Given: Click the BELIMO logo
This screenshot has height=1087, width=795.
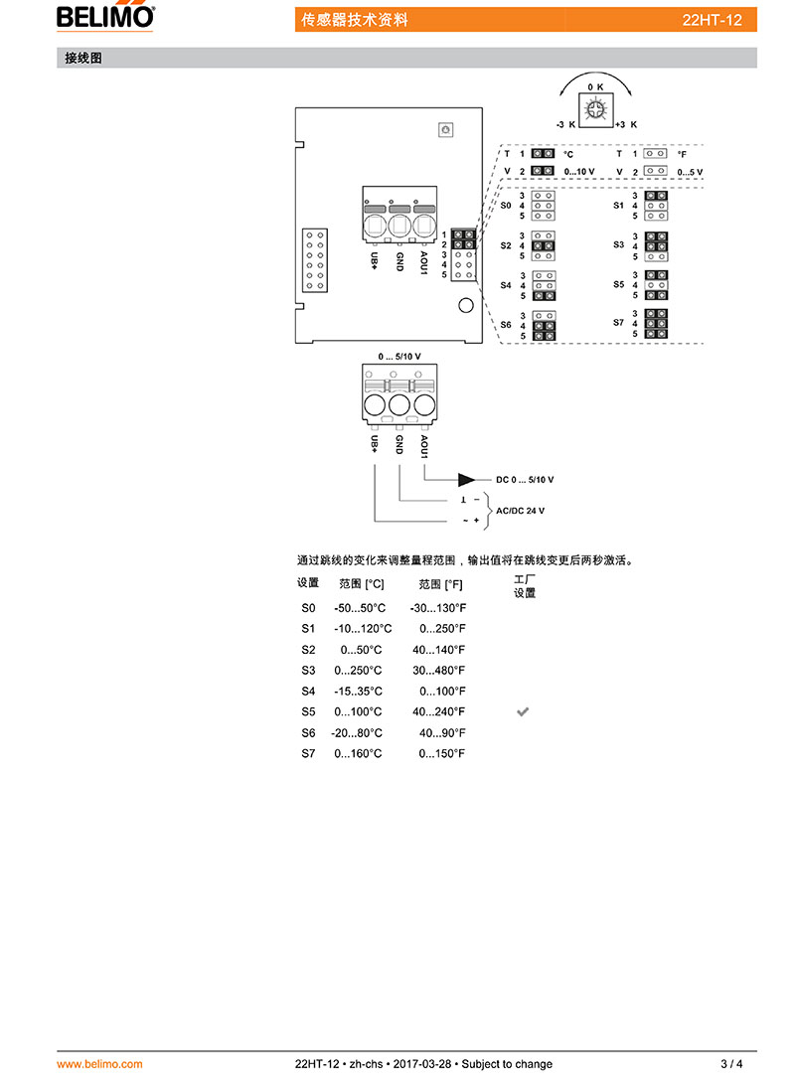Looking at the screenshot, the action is pyautogui.click(x=105, y=17).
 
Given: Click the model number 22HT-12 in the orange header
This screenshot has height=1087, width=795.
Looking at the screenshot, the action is pyautogui.click(x=712, y=20).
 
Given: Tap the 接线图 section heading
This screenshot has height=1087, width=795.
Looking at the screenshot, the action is pyautogui.click(x=83, y=59).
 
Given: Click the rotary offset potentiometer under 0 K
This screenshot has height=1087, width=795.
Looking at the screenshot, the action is pyautogui.click(x=595, y=109).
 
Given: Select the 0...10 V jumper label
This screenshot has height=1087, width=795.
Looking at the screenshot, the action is pyautogui.click(x=579, y=172).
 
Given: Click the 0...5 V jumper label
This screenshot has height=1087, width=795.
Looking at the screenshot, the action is pyautogui.click(x=690, y=172).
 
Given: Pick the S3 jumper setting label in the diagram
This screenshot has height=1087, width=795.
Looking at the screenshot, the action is pyautogui.click(x=618, y=244).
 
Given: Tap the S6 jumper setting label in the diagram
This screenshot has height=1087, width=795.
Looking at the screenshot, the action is pyautogui.click(x=505, y=325).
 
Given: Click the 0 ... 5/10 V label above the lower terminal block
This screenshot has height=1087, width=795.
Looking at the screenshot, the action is pyautogui.click(x=399, y=357).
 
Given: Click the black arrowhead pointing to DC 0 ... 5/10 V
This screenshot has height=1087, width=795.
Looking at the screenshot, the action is pyautogui.click(x=466, y=480).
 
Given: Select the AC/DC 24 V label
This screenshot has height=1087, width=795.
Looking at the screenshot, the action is pyautogui.click(x=521, y=511).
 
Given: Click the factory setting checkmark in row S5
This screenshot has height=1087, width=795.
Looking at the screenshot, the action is pyautogui.click(x=523, y=712).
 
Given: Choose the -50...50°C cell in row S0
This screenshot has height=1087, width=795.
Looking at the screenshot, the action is pyautogui.click(x=360, y=608).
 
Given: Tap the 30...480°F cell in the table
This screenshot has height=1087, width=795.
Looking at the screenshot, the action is pyautogui.click(x=438, y=671).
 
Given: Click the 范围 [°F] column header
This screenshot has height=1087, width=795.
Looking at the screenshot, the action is pyautogui.click(x=440, y=584).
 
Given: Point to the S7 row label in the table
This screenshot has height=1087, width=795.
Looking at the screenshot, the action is pyautogui.click(x=308, y=753).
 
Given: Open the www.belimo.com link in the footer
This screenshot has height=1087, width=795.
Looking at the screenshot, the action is pyautogui.click(x=99, y=1064).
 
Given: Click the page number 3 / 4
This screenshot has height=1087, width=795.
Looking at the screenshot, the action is pyautogui.click(x=732, y=1064).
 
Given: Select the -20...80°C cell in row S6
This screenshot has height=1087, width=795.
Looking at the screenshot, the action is pyautogui.click(x=357, y=732).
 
